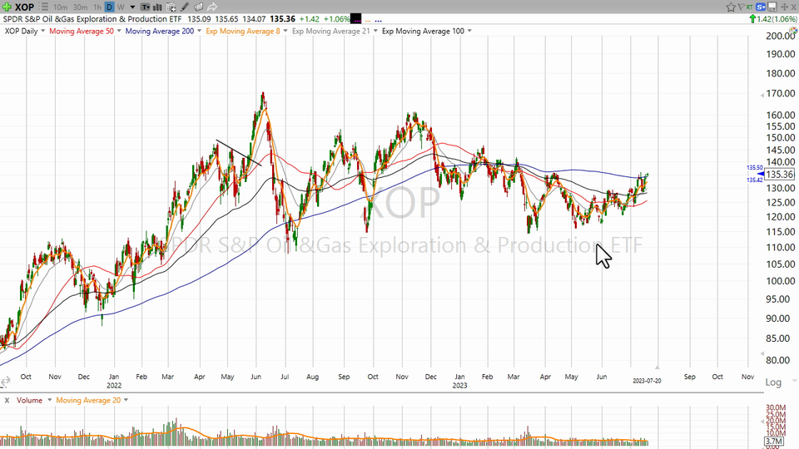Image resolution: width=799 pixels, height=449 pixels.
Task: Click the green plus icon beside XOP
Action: [7, 7]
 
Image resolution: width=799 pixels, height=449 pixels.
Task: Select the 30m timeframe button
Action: [80, 7]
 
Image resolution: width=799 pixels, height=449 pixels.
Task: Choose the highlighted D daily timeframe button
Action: [109, 7]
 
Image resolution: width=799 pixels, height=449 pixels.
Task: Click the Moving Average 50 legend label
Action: [82, 31]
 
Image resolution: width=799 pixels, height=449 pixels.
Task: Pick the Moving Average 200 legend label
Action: [159, 31]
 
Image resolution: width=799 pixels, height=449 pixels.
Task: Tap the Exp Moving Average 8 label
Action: [243, 31]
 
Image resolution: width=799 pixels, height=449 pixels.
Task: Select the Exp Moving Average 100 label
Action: [422, 31]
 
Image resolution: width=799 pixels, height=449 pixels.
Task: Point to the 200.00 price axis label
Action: [780, 37]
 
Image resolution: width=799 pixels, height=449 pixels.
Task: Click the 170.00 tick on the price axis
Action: [780, 94]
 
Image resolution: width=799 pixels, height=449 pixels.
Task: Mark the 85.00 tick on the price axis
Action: [780, 338]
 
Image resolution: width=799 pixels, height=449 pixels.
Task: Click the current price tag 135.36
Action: [781, 175]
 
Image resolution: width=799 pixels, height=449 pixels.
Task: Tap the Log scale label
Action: [773, 382]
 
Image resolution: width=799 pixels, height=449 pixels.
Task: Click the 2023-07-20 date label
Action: [647, 381]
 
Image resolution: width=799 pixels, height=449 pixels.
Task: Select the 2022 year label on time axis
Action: [115, 386]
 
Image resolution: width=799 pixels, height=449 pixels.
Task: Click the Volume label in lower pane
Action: [29, 400]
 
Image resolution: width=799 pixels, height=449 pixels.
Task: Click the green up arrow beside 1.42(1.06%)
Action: [751, 18]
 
